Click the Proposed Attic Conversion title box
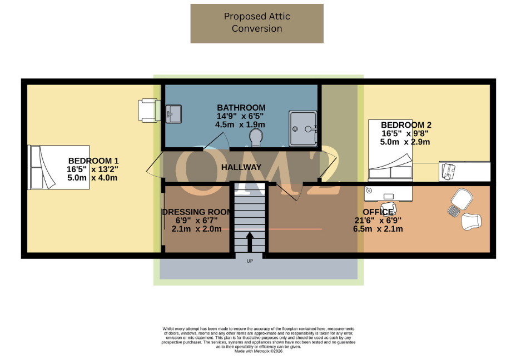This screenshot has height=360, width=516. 257,23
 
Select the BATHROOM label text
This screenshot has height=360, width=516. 241,108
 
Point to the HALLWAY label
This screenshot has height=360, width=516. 241,167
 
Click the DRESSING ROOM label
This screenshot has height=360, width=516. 196,212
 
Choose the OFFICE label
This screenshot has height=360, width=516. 378,212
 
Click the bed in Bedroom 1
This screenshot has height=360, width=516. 58,167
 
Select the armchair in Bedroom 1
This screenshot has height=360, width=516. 149,109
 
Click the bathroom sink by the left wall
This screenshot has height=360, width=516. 173,114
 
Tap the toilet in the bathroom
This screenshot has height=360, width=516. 257,135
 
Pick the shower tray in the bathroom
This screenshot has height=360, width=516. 302,128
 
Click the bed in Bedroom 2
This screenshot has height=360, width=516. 390,151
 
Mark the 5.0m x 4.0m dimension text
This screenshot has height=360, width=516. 93,178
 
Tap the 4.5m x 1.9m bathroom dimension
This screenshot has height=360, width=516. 241,124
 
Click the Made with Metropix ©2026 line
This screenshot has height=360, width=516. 258,351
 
